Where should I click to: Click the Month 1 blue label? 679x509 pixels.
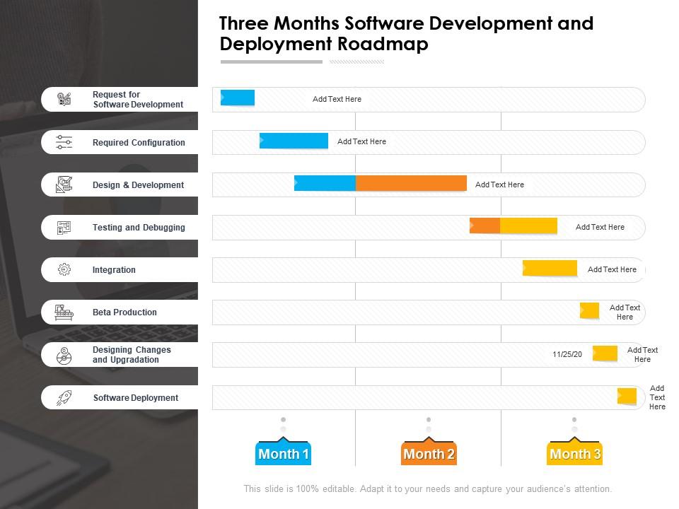[283, 454]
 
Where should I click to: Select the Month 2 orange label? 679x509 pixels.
[429, 454]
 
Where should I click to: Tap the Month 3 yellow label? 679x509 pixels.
[575, 454]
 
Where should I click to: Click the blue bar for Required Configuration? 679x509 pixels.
[294, 141]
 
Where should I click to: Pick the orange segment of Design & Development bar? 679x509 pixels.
[411, 184]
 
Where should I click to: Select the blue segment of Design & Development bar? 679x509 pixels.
[325, 184]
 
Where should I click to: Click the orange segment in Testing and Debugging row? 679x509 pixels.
[485, 226]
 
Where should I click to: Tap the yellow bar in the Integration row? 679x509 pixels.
[550, 269]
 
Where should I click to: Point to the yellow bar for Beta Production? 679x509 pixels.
[589, 310]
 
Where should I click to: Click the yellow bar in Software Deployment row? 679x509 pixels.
[627, 397]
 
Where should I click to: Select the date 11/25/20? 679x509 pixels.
[567, 354]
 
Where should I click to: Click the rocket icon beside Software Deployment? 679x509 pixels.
[64, 397]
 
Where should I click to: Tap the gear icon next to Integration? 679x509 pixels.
[64, 269]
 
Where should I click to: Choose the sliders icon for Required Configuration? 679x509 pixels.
[64, 142]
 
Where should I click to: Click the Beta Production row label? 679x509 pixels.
[124, 312]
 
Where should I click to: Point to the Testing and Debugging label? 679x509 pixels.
[139, 228]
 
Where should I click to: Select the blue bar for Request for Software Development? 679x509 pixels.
[238, 98]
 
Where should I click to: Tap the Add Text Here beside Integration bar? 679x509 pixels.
[612, 269]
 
